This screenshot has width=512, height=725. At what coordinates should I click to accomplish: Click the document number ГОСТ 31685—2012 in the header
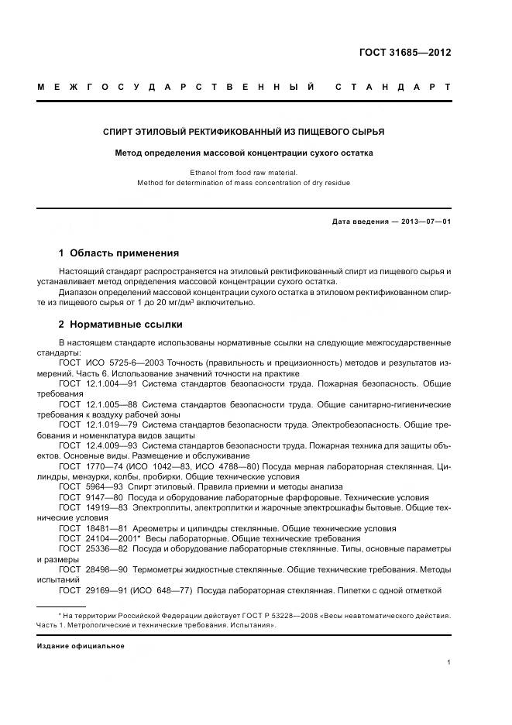click(405, 53)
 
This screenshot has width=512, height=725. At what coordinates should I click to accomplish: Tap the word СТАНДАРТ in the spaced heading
click(393, 86)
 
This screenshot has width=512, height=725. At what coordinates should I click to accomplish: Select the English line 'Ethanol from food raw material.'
click(243, 173)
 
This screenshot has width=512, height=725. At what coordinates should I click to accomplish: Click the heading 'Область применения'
click(124, 253)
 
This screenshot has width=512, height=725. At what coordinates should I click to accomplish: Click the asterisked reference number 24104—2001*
click(108, 538)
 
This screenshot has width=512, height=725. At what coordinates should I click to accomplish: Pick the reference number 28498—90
click(106, 569)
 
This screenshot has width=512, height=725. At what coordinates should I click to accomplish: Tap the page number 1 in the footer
click(449, 663)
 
